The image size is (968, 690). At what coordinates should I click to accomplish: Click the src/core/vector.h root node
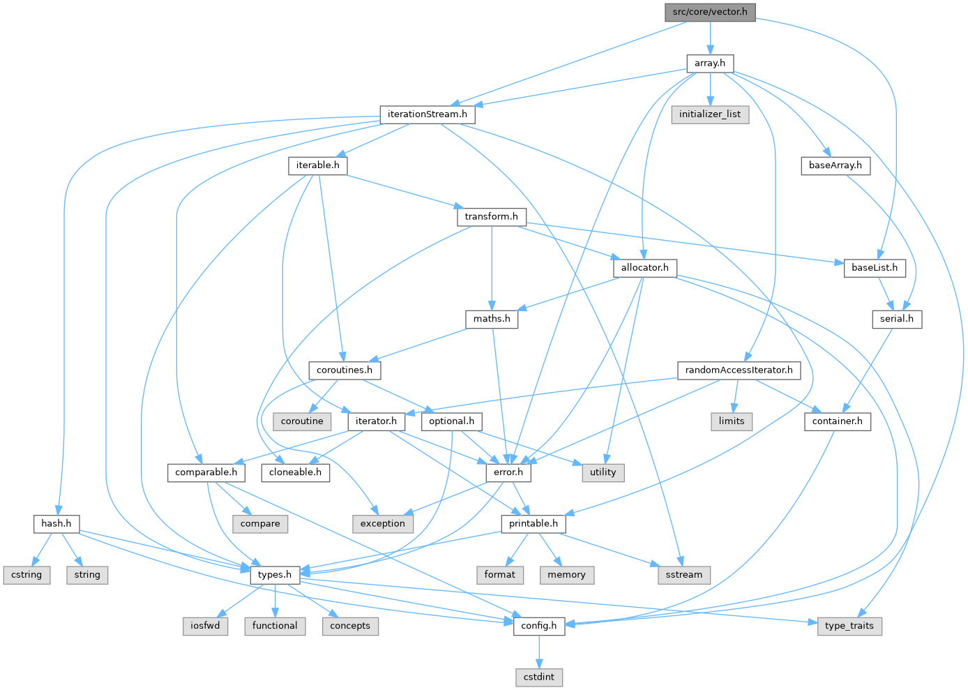pyautogui.click(x=710, y=12)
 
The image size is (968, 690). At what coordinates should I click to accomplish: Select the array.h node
pyautogui.click(x=710, y=63)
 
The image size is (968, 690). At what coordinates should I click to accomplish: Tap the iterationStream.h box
pyautogui.click(x=428, y=114)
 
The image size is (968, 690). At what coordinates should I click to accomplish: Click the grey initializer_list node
pyautogui.click(x=710, y=114)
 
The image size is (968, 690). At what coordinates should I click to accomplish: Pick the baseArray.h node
pyautogui.click(x=835, y=165)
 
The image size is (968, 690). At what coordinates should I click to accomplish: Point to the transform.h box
pyautogui.click(x=492, y=216)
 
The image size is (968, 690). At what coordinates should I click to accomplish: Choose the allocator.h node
pyautogui.click(x=645, y=268)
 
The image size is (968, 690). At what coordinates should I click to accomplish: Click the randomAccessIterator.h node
pyautogui.click(x=739, y=370)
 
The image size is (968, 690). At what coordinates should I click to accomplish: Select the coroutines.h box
pyautogui.click(x=345, y=370)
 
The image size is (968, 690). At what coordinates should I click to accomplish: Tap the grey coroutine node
pyautogui.click(x=302, y=421)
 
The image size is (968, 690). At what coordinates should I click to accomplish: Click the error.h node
pyautogui.click(x=508, y=472)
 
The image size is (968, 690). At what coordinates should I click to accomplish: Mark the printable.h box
pyautogui.click(x=534, y=523)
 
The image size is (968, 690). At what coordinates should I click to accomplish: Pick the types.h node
pyautogui.click(x=275, y=575)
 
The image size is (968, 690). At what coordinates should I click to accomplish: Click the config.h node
pyautogui.click(x=539, y=626)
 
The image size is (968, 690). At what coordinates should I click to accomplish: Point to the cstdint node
pyautogui.click(x=539, y=677)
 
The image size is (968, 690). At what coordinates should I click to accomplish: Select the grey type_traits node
pyautogui.click(x=849, y=626)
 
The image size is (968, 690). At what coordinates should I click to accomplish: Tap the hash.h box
pyautogui.click(x=56, y=523)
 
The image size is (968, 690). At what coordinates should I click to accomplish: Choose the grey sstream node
pyautogui.click(x=684, y=575)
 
